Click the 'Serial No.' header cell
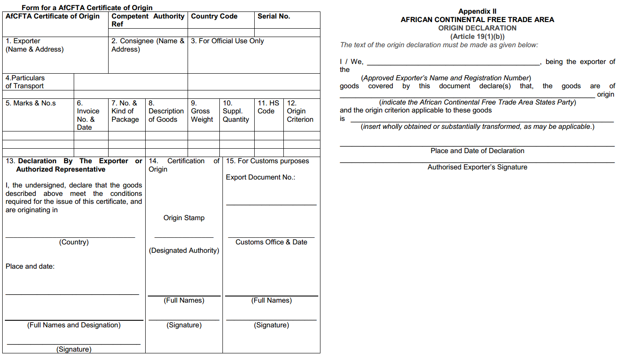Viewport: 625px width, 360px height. pos(274,16)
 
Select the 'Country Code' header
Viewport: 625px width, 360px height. pos(214,16)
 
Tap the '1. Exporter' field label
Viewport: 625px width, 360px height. pos(23,41)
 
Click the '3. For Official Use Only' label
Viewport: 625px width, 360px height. pos(227,41)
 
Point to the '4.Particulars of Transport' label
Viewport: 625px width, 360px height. pos(25,82)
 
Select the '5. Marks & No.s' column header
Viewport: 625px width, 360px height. pos(31,103)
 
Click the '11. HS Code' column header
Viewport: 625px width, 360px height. pos(268,107)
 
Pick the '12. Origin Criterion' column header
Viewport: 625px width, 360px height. pos(300,111)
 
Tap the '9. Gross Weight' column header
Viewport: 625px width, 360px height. pos(202,111)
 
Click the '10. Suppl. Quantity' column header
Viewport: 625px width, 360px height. pos(236,111)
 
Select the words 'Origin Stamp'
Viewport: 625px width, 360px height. pos(184,218)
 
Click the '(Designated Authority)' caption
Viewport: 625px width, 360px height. pos(184,251)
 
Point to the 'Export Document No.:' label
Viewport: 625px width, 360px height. pos(260,177)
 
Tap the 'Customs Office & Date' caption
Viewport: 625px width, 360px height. pos(271,242)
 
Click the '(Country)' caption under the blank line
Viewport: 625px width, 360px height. pos(74,242)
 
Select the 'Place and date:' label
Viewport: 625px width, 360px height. pos(30,266)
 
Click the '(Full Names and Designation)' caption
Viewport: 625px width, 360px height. pos(74,325)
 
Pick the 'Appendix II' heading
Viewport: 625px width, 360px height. pos(477,11)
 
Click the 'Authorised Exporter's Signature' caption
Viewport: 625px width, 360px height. pos(477,167)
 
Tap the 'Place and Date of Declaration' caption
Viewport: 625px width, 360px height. pos(477,151)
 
